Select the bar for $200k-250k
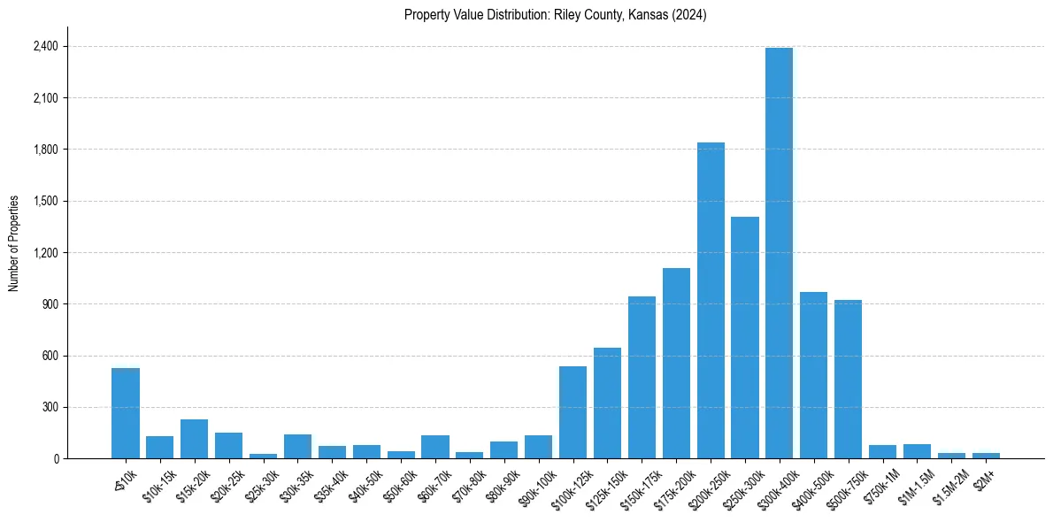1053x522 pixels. coord(711,301)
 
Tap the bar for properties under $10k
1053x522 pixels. coord(126,413)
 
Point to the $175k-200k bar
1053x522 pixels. coord(676,364)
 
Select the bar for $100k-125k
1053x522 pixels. coord(573,412)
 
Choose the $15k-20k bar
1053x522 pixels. coord(194,439)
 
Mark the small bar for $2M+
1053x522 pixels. coord(986,456)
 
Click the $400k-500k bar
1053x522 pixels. coord(813,375)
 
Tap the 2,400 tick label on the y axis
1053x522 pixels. coord(44,46)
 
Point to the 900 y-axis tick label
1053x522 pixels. coord(50,304)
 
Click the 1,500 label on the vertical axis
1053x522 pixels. coord(44,201)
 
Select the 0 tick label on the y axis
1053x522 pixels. coord(56,459)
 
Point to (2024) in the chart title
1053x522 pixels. coord(689,15)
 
